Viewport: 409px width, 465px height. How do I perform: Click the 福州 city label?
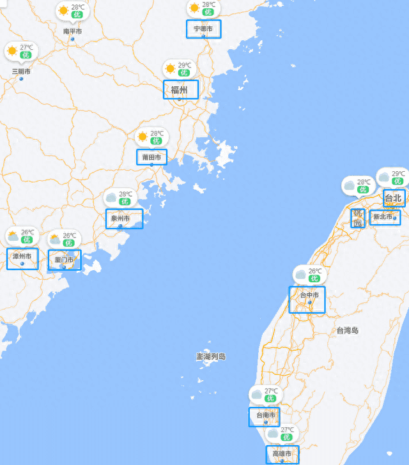[179, 89]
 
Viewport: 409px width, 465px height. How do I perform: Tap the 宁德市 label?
[203, 29]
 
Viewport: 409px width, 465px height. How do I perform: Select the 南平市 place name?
[72, 31]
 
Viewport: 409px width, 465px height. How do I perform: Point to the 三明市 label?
[21, 71]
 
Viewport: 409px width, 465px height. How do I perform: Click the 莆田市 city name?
[151, 157]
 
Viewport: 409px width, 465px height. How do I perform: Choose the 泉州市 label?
[120, 218]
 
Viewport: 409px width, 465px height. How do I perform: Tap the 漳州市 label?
[22, 256]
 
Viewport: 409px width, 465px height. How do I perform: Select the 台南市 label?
[265, 415]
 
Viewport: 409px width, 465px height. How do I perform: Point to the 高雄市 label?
[282, 454]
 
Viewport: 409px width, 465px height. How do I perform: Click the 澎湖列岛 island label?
[211, 356]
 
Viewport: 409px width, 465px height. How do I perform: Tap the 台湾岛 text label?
[348, 330]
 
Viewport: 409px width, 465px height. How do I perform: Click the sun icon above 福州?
[170, 68]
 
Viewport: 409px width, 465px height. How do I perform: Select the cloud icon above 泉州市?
[111, 197]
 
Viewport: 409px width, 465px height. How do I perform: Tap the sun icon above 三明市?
[12, 50]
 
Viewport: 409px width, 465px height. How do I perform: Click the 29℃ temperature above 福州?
[185, 65]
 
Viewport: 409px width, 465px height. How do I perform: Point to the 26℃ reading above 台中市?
[316, 271]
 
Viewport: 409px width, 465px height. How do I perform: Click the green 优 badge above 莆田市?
[157, 141]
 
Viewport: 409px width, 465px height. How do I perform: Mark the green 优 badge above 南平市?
[77, 14]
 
